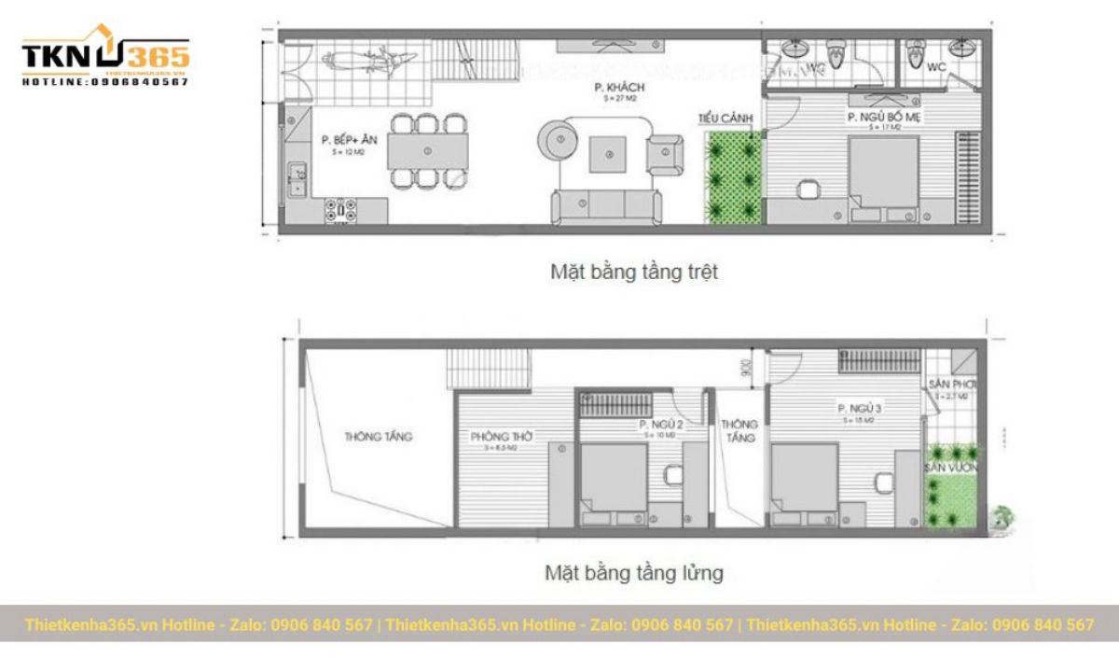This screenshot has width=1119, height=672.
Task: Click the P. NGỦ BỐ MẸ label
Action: [880, 117]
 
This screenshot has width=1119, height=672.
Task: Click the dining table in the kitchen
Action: [428, 149]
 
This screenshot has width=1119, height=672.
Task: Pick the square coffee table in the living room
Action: [611, 151]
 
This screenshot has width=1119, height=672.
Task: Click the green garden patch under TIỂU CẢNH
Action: [734, 177]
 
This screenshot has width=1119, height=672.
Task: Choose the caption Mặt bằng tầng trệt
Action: [633, 273]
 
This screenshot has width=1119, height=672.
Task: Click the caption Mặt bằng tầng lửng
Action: [633, 572]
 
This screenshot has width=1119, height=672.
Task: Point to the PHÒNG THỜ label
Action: [502, 437]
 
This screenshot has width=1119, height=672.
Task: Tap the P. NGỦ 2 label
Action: [661, 426]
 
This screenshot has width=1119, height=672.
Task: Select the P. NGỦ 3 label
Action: [860, 409]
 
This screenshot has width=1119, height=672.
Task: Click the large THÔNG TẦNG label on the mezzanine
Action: [378, 436]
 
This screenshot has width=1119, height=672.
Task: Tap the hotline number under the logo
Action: [104, 82]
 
